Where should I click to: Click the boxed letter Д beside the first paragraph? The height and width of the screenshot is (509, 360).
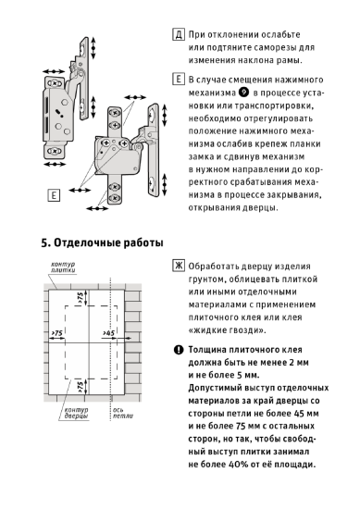[177, 33]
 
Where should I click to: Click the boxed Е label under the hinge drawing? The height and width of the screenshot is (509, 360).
[55, 195]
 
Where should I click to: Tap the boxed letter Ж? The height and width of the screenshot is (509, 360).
[177, 266]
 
